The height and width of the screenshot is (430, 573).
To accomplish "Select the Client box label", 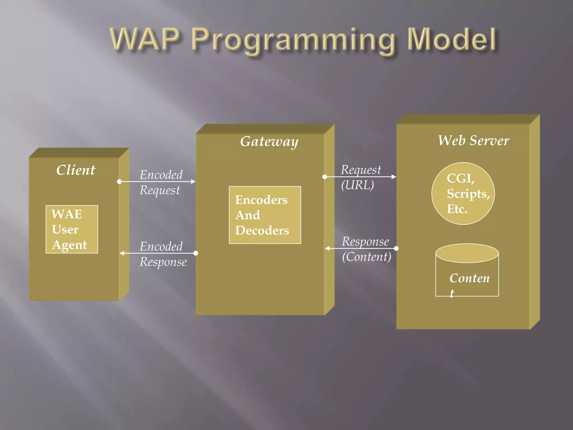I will [x=76, y=170].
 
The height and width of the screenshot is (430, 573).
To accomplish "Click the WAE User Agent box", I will [x=72, y=229].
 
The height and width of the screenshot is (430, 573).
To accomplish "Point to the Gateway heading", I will [x=269, y=141].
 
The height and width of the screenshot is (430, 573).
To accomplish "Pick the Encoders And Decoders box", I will [x=265, y=215].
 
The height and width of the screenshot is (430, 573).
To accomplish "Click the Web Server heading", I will [x=473, y=141].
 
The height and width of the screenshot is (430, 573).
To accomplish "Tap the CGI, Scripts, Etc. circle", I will [x=463, y=193].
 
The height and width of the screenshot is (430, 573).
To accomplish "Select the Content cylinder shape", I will [x=467, y=270].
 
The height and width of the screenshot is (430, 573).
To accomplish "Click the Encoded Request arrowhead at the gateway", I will [x=193, y=181].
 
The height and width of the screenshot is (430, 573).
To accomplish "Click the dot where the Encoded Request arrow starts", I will [x=119, y=181].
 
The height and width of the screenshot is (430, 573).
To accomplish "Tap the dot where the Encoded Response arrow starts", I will [x=196, y=253].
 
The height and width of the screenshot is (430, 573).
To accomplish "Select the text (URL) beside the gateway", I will [x=357, y=185].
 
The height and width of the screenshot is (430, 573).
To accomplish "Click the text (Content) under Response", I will [x=367, y=257].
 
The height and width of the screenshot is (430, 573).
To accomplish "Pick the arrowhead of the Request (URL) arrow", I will [x=394, y=177].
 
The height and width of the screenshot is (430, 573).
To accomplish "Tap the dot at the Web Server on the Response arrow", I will [x=396, y=248].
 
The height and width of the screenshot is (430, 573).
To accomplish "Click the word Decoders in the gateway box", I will [x=262, y=230].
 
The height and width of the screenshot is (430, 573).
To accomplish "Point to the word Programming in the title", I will [x=293, y=41].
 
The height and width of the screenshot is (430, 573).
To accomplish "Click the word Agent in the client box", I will [x=70, y=245].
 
